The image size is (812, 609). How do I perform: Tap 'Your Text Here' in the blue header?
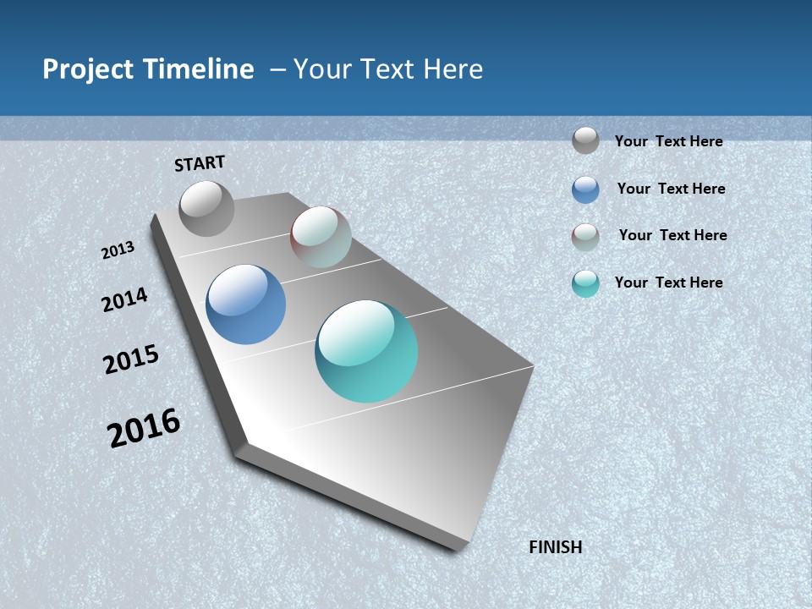pyautogui.click(x=388, y=69)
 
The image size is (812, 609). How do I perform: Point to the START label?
pyautogui.click(x=200, y=163)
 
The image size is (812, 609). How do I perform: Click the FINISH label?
pyautogui.click(x=556, y=547)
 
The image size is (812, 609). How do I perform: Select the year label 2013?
pyautogui.click(x=118, y=250)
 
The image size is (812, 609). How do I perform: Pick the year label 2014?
pyautogui.click(x=124, y=300)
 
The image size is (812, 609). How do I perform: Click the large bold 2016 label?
pyautogui.click(x=144, y=428)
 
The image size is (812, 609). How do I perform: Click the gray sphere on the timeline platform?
pyautogui.click(x=206, y=208)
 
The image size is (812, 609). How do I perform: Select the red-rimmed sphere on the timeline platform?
pyautogui.click(x=321, y=237)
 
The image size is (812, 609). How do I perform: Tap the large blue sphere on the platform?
pyautogui.click(x=246, y=304)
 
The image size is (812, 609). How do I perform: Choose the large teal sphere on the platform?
pyautogui.click(x=366, y=351)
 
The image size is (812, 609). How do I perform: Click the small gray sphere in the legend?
pyautogui.click(x=585, y=140)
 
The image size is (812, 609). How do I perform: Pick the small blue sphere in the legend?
pyautogui.click(x=585, y=189)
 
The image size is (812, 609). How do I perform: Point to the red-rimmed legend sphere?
pyautogui.click(x=585, y=237)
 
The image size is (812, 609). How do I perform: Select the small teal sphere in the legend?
pyautogui.click(x=585, y=283)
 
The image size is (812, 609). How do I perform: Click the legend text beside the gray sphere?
pyautogui.click(x=668, y=141)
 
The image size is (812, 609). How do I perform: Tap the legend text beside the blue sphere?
pyautogui.click(x=671, y=189)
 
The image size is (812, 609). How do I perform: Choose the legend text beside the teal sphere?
pyautogui.click(x=668, y=283)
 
